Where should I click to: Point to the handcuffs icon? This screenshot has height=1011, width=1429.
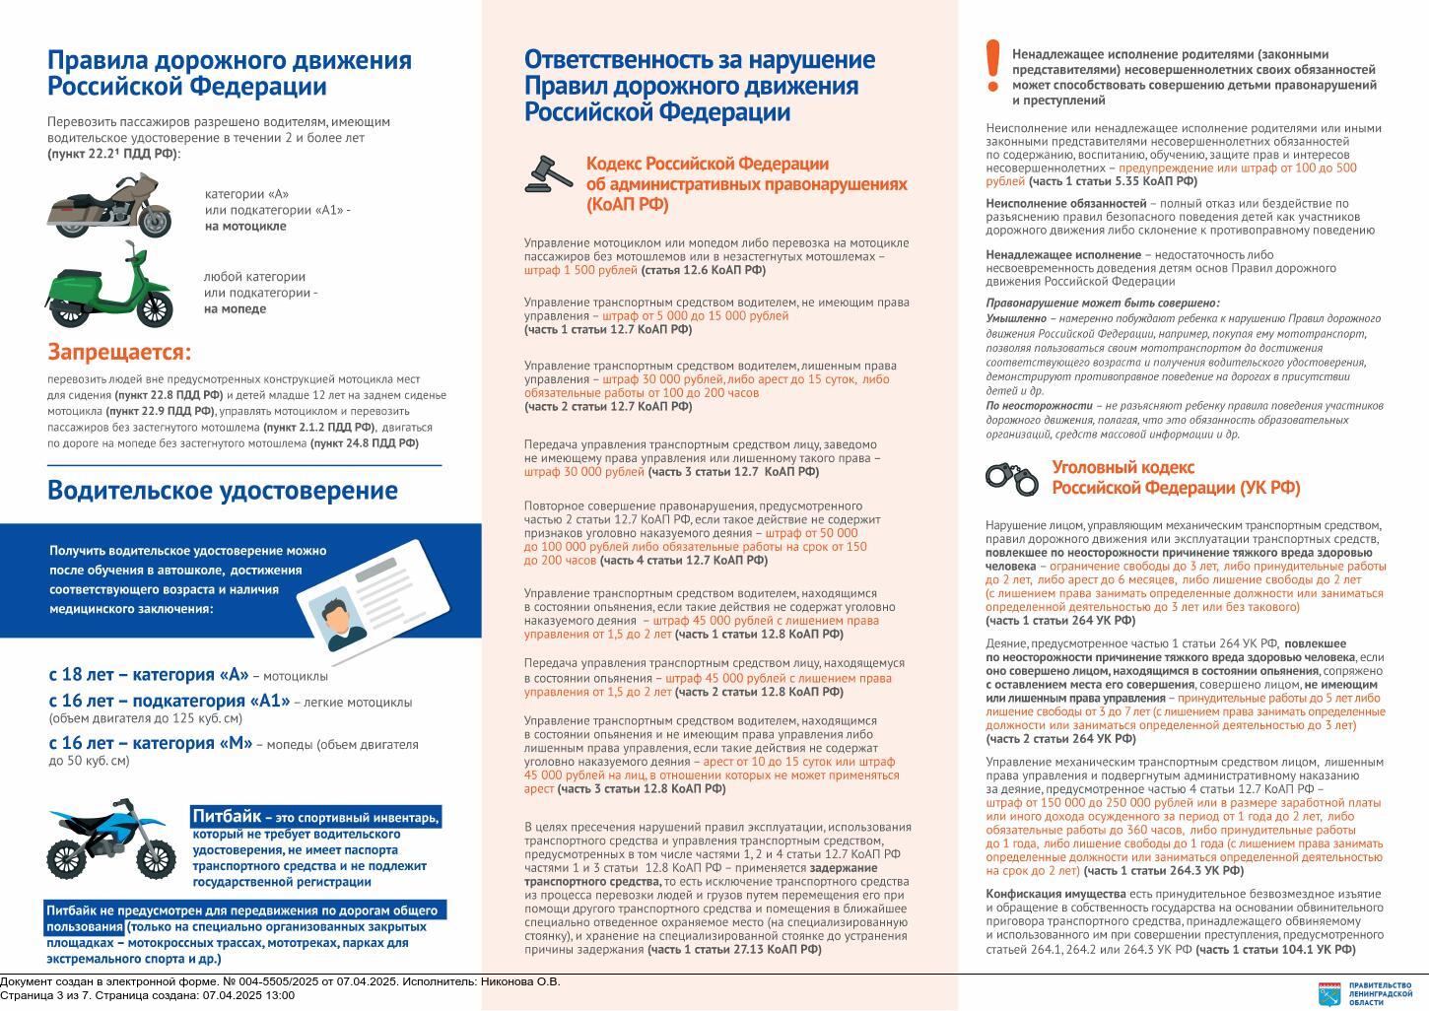click(1011, 478)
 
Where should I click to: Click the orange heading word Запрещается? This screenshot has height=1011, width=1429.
click(119, 352)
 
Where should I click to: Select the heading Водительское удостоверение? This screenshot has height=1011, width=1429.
click(223, 491)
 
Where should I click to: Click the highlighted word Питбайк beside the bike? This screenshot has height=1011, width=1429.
click(227, 816)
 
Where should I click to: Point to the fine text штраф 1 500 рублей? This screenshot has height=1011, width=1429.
click(580, 270)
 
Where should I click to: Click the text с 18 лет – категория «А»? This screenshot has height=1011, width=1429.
click(149, 675)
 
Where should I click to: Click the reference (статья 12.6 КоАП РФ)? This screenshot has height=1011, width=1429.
click(703, 270)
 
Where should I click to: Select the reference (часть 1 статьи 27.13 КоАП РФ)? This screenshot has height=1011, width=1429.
click(734, 950)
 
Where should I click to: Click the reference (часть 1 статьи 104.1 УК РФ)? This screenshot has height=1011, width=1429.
click(1275, 950)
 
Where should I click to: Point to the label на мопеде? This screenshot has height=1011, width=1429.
click(236, 308)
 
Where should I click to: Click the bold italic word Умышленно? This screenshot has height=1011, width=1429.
click(1016, 319)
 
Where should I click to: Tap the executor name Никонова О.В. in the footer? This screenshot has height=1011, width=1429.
click(523, 981)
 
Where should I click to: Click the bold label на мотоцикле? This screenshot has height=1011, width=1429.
click(245, 226)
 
